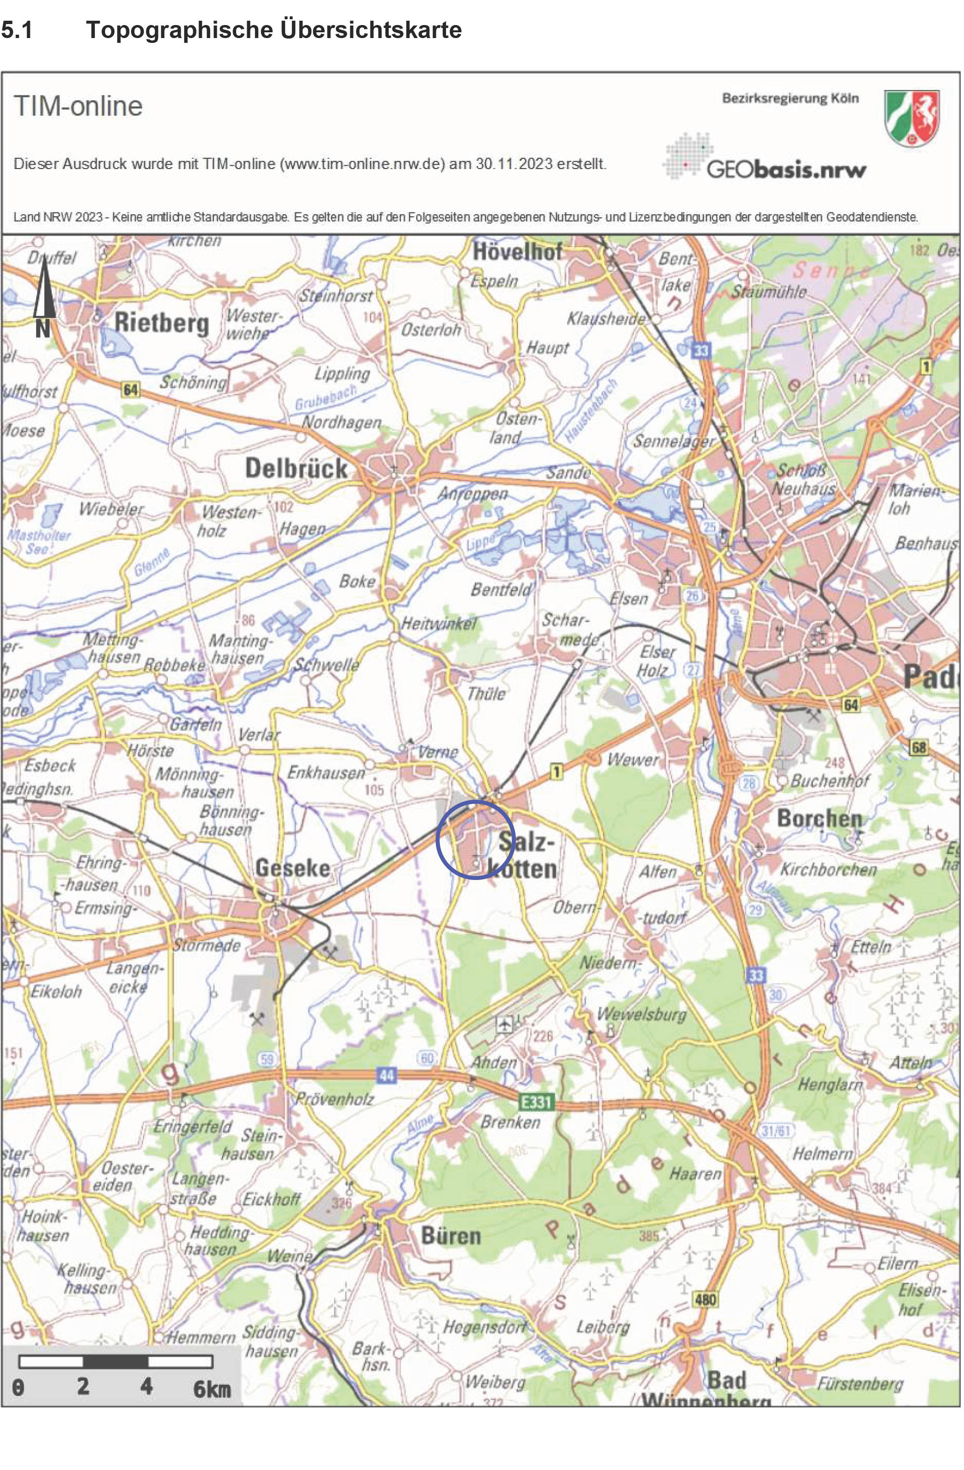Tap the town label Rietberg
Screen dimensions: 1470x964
click(162, 322)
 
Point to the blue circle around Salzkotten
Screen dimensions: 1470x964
click(475, 839)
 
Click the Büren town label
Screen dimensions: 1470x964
click(450, 1236)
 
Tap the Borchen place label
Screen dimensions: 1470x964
click(819, 818)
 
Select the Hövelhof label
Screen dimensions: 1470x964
click(517, 251)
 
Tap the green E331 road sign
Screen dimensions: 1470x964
click(536, 1101)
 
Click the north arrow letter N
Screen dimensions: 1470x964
click(42, 328)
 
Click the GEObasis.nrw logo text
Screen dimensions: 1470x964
click(786, 169)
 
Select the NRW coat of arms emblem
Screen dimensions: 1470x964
click(911, 118)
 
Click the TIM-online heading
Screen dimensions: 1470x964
click(78, 106)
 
